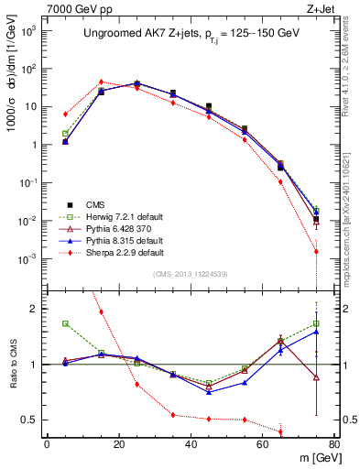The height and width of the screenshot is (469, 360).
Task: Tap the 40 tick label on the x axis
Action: (191, 445)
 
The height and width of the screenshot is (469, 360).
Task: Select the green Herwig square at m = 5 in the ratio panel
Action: (65, 323)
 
